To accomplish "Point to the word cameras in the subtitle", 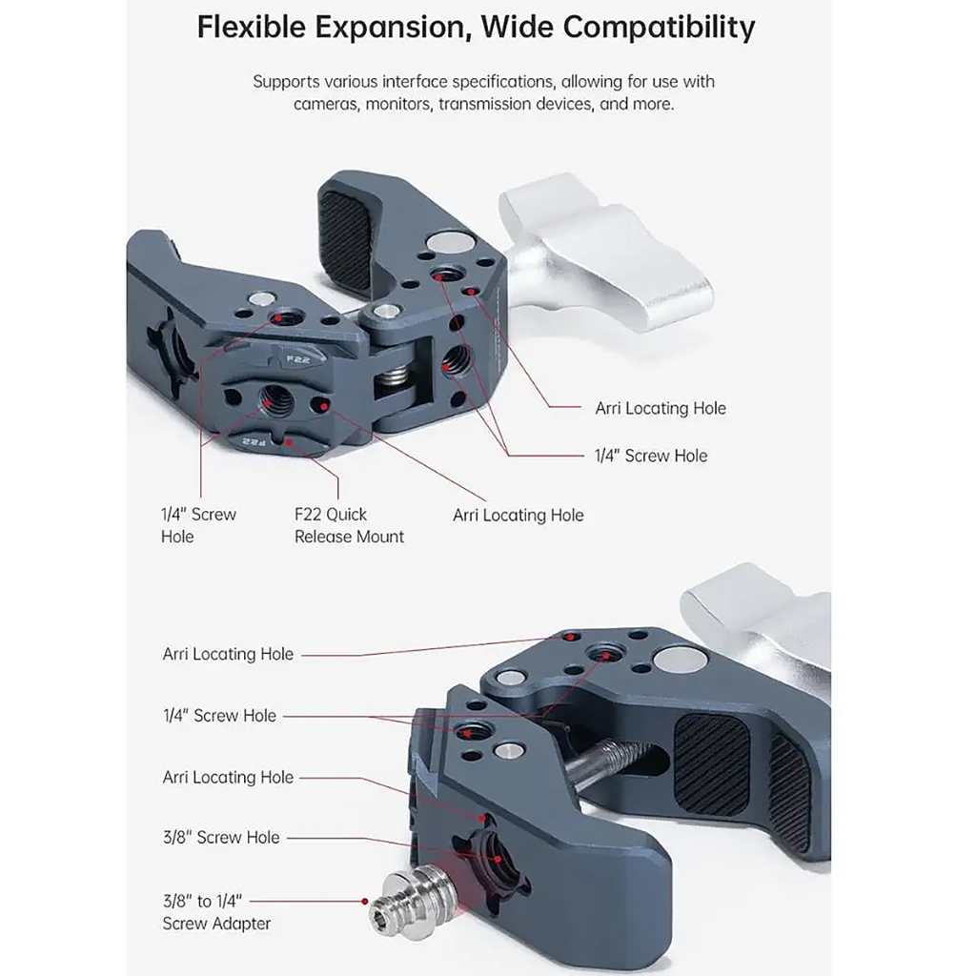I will click(x=324, y=104).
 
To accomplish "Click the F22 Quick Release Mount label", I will click(x=349, y=525).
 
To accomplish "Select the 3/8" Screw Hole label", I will click(x=221, y=837).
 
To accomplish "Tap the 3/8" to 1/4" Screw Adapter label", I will click(x=216, y=911).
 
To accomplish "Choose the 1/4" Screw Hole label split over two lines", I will click(x=197, y=525).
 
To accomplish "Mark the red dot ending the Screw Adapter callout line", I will click(x=365, y=900).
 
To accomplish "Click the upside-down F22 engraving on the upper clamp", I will click(x=254, y=440).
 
